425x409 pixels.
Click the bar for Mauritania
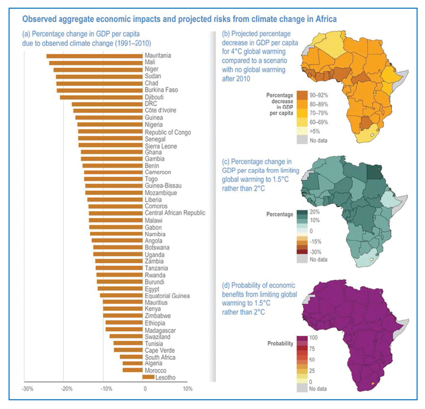94,55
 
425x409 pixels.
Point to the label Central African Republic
174,213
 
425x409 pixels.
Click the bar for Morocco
132,370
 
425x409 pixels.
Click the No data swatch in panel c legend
301,260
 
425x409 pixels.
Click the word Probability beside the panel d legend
280,344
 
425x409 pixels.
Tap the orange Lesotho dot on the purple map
371,384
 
